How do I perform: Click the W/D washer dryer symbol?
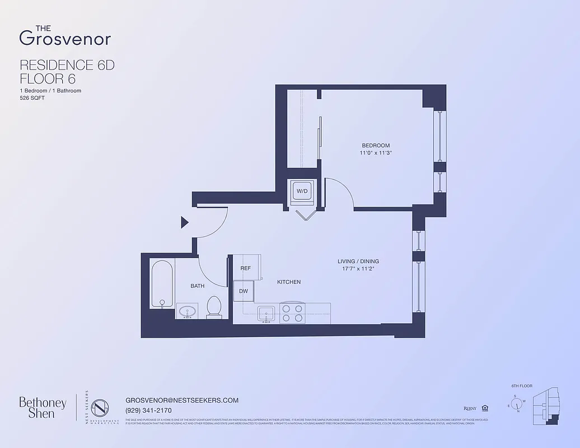[302, 192]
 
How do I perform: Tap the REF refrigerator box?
[245, 268]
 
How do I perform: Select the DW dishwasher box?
[244, 291]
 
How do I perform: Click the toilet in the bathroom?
[214, 307]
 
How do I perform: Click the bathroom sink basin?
[187, 311]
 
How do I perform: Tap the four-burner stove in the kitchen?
[292, 313]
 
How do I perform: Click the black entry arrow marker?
[184, 223]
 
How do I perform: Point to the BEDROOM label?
[375, 146]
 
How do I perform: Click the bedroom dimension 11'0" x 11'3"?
[375, 153]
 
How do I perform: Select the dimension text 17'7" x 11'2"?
[358, 269]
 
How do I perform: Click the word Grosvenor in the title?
[65, 38]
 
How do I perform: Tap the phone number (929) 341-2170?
[149, 410]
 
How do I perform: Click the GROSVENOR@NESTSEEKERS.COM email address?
[183, 400]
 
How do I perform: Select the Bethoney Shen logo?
[43, 408]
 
